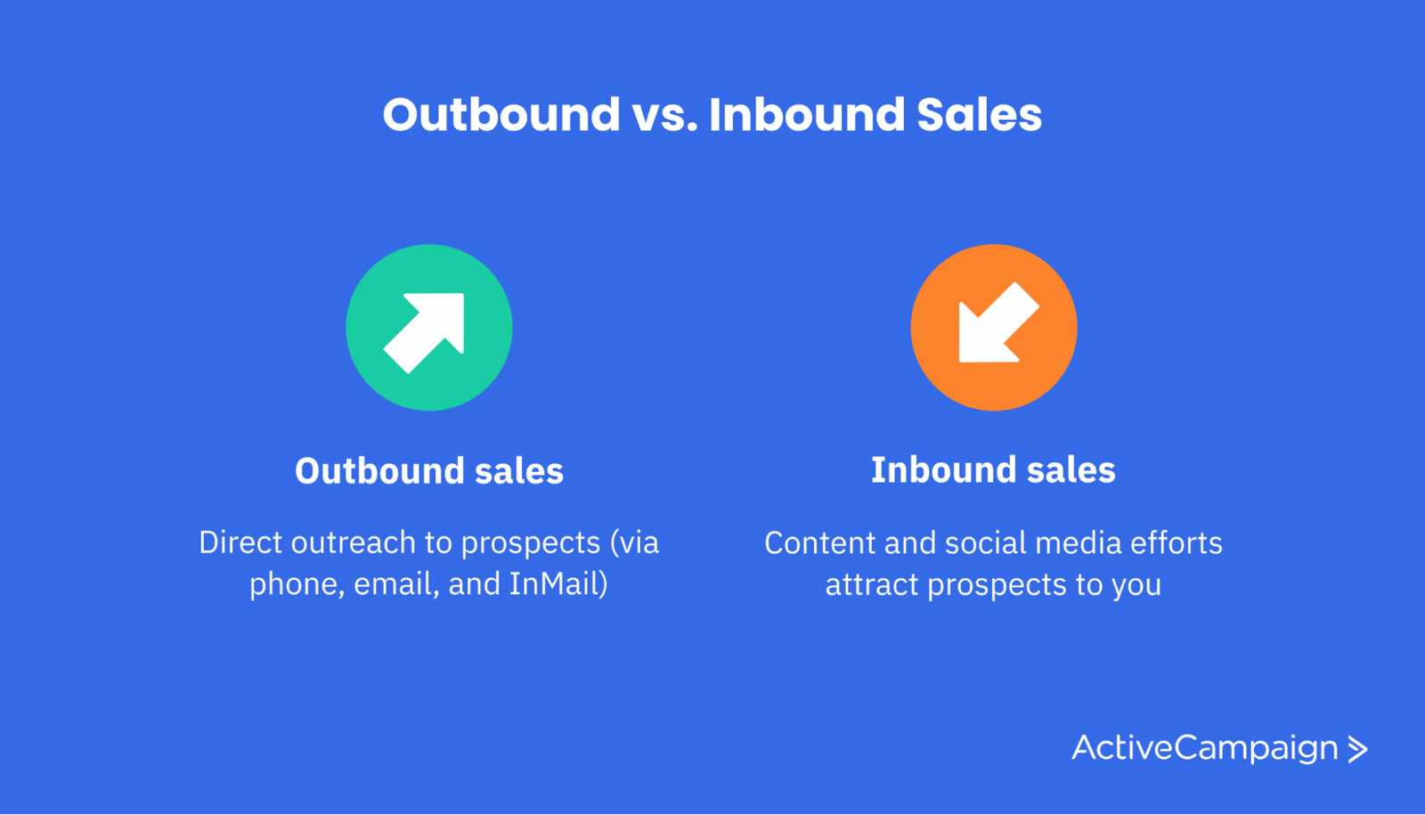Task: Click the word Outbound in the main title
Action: coord(501,115)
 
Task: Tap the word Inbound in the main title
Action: coord(807,115)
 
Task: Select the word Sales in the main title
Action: coord(979,115)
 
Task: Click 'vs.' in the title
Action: coord(664,117)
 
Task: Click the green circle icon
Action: coord(428,328)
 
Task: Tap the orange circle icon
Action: coord(994,328)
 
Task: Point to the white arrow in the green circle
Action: coord(424,333)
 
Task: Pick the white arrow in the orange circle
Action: coord(998,322)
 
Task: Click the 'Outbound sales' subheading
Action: coord(428,471)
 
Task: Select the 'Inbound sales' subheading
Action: coord(993,470)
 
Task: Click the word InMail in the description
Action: coord(558,583)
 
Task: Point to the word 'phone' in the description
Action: coord(297,584)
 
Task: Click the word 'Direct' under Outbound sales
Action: coord(240,542)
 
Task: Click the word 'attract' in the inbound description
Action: coord(872,584)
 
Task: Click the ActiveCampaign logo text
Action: coord(1205,748)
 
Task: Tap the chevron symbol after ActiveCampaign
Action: coord(1357,749)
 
